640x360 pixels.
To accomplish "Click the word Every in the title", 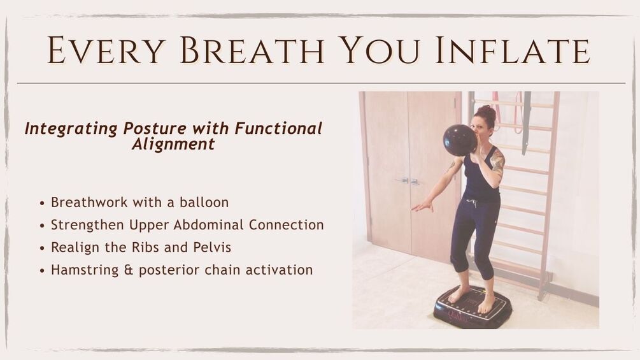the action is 106,50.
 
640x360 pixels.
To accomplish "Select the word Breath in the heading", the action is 252,50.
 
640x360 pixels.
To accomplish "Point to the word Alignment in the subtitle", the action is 173,144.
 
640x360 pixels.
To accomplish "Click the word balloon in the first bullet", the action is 204,203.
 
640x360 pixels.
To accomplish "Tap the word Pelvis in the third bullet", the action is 212,247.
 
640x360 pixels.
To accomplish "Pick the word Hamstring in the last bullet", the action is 85,270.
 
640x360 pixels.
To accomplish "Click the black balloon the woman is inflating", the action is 460,140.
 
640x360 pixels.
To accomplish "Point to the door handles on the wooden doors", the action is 409,181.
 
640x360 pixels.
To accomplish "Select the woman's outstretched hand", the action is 422,206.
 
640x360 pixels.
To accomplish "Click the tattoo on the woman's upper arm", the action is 497,161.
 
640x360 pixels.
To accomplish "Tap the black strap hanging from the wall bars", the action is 526,122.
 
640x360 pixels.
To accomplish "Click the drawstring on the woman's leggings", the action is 473,203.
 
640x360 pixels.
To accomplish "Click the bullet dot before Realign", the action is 42,248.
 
